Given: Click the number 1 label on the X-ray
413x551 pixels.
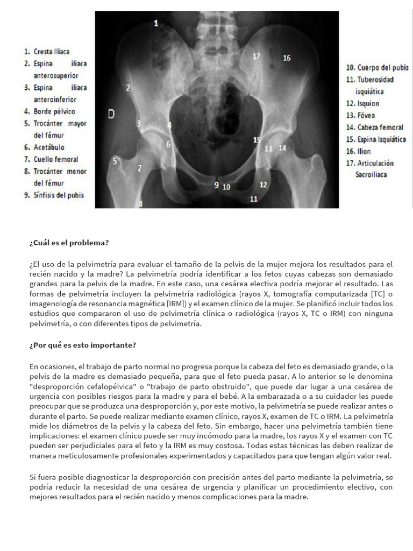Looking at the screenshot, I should [156, 23].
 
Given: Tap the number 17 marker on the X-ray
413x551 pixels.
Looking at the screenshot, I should [257, 56].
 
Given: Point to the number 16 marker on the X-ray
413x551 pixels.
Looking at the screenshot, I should [287, 58].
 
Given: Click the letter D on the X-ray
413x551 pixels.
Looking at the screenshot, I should [111, 114].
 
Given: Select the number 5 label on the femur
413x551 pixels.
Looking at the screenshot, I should [115, 160].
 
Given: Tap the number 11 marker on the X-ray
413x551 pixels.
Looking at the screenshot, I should [253, 199].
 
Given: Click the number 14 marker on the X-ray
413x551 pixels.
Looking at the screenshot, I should [282, 147].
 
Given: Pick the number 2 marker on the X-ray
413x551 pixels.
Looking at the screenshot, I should [128, 87].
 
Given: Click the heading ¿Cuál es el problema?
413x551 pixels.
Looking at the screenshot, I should [69, 243].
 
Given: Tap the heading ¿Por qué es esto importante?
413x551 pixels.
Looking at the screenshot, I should [83, 345].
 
